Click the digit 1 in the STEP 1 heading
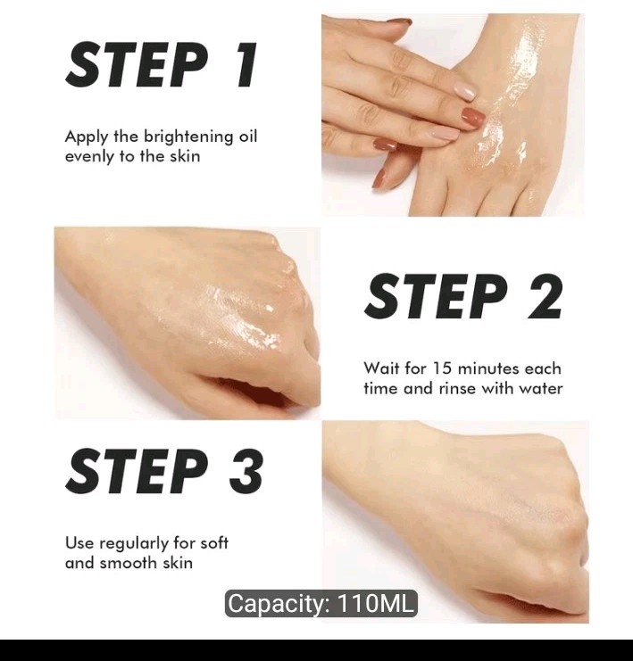[x=246, y=65]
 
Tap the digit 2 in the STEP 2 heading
[x=545, y=296]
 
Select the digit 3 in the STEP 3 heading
[x=246, y=470]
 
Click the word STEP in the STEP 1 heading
[x=137, y=65]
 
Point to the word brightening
[x=187, y=137]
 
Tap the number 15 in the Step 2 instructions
[x=442, y=368]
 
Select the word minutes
[x=488, y=368]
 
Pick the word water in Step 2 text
[x=540, y=388]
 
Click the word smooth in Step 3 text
[x=134, y=563]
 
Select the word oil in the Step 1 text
[x=247, y=136]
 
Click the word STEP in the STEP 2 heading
[x=436, y=296]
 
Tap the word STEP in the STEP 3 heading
[x=137, y=470]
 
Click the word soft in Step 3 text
[x=214, y=543]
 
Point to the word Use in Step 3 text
[x=79, y=543]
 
